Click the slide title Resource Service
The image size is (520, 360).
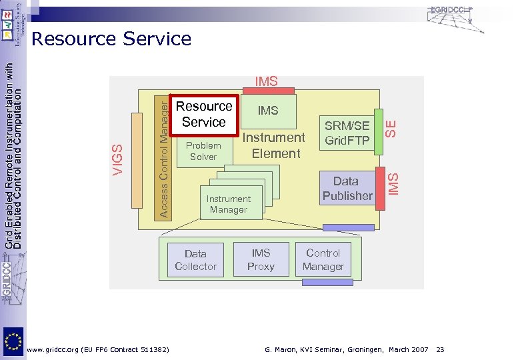click(111, 39)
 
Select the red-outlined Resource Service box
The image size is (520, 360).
click(203, 115)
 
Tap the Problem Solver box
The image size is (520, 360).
click(203, 151)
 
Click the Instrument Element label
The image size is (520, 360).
click(275, 145)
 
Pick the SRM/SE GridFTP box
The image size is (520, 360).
click(347, 133)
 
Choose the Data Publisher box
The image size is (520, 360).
click(347, 188)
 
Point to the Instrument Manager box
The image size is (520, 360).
click(229, 204)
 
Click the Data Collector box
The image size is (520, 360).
click(195, 260)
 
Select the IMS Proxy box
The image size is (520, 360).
click(261, 259)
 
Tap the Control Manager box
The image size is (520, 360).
click(323, 259)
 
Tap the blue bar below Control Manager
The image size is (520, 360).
click(328, 282)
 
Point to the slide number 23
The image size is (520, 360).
click(441, 349)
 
